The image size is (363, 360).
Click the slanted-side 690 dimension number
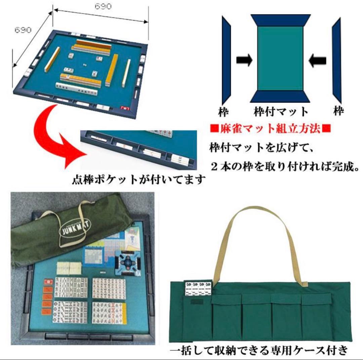23,30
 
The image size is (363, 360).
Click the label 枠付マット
281,111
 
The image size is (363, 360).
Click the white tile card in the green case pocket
198,288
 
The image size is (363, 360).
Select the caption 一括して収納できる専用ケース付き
258,351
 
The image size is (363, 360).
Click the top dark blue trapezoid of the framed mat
280,20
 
